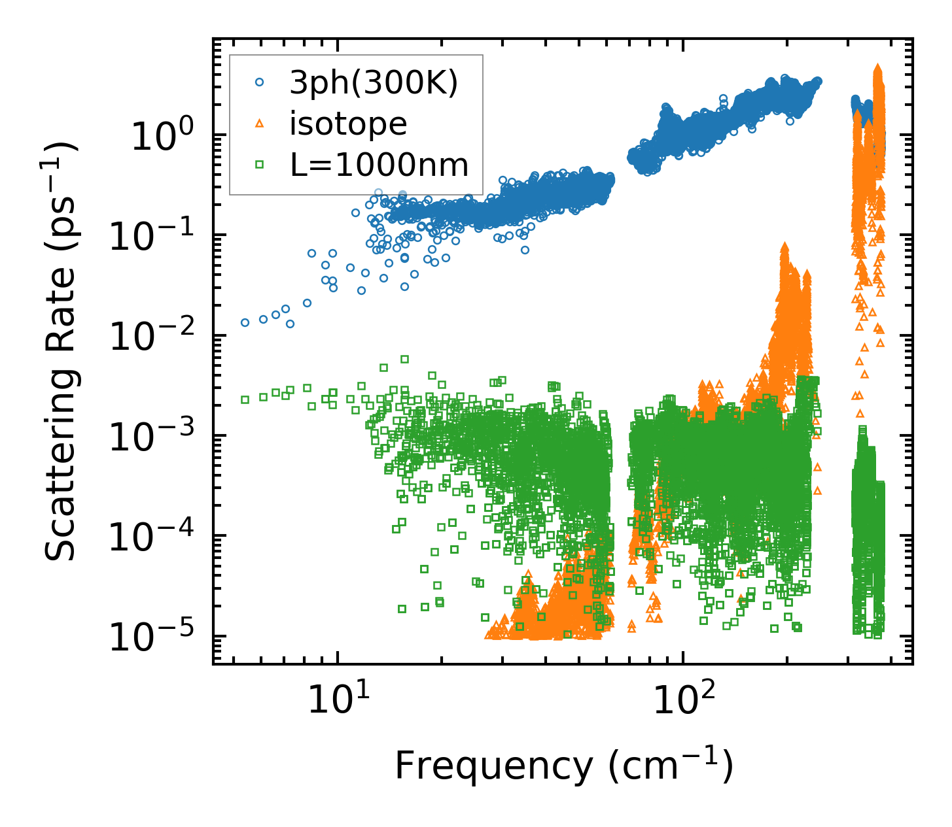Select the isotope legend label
(x=348, y=124)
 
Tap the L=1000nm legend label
(x=379, y=165)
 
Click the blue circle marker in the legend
(x=260, y=82)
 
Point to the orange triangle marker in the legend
(x=260, y=123)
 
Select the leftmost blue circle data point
(x=245, y=322)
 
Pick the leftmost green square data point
(x=245, y=399)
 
